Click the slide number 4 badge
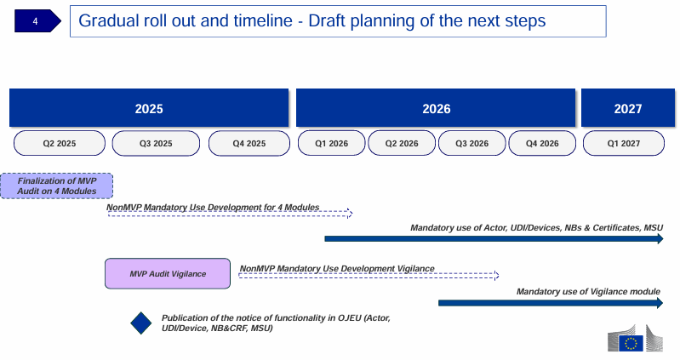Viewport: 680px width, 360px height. pos(37,20)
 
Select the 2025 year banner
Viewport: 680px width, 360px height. pos(149,108)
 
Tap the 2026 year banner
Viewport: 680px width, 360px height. pos(436,108)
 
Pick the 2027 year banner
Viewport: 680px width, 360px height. pos(628,108)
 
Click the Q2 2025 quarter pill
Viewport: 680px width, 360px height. pos(60,143)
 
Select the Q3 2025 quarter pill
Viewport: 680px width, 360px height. pos(156,143)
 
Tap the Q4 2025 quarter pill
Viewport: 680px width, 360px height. pos(249,143)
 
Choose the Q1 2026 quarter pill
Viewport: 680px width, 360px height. pos(331,143)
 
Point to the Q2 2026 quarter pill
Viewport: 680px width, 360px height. pos(402,143)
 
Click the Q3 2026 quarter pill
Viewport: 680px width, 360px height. pos(471,143)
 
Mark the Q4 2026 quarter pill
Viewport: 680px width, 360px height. pos(542,143)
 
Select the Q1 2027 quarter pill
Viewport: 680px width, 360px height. pos(624,143)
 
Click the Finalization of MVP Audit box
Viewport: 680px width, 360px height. pos(57,186)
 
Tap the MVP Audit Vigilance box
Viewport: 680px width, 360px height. pos(168,274)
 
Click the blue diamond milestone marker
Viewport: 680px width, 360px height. pos(141,323)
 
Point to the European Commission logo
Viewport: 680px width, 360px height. pos(636,339)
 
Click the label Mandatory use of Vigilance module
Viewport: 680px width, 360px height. pos(588,291)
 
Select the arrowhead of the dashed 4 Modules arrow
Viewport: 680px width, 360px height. pos(350,214)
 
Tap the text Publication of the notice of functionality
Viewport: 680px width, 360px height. pos(276,323)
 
